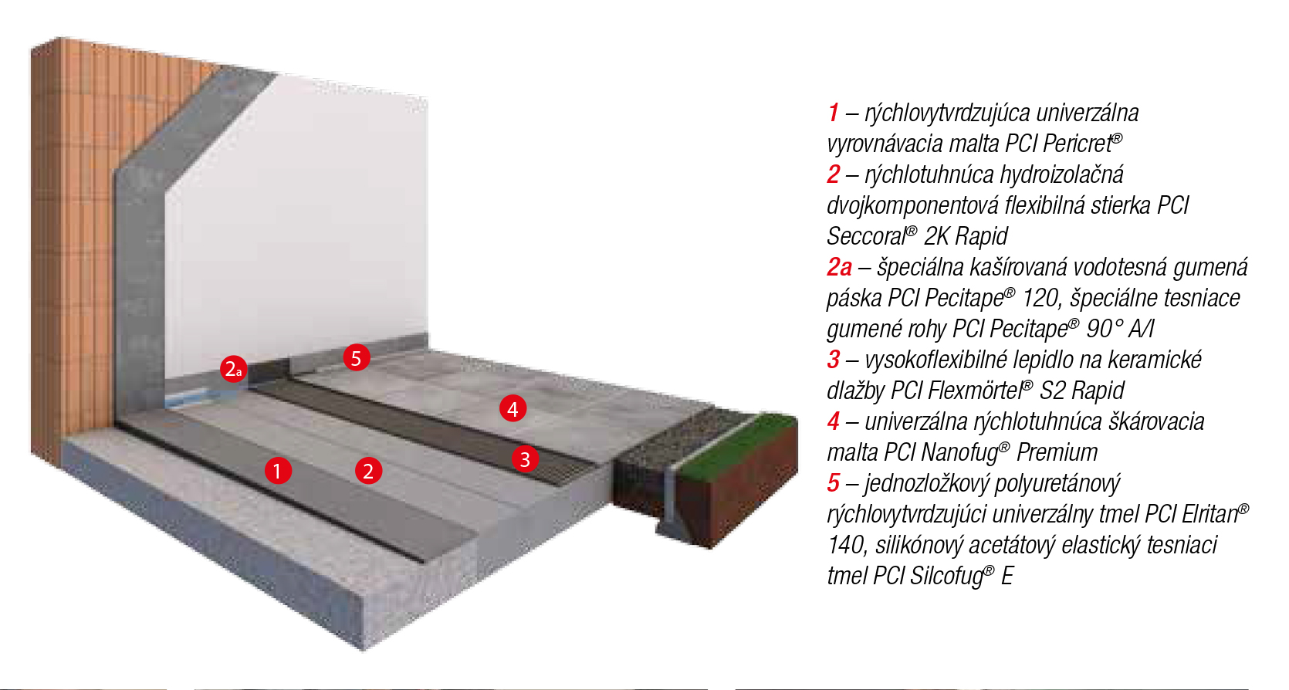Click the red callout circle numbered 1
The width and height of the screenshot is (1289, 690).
coord(278,471)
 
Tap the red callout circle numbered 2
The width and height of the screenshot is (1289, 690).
coord(368,471)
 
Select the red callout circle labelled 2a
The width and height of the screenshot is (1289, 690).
coord(234,368)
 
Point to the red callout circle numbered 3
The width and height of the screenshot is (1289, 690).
coord(525,458)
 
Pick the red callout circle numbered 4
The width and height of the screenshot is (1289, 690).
coord(513,408)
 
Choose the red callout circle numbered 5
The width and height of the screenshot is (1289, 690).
coord(356,357)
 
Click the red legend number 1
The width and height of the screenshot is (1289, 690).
coord(834,113)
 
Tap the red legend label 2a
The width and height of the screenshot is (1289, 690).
coord(839,267)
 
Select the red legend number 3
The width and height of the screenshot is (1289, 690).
coord(834,360)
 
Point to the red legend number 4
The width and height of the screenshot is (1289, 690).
coord(834,422)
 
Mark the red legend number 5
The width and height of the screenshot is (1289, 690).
coord(834,483)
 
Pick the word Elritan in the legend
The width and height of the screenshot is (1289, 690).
coord(1209,515)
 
